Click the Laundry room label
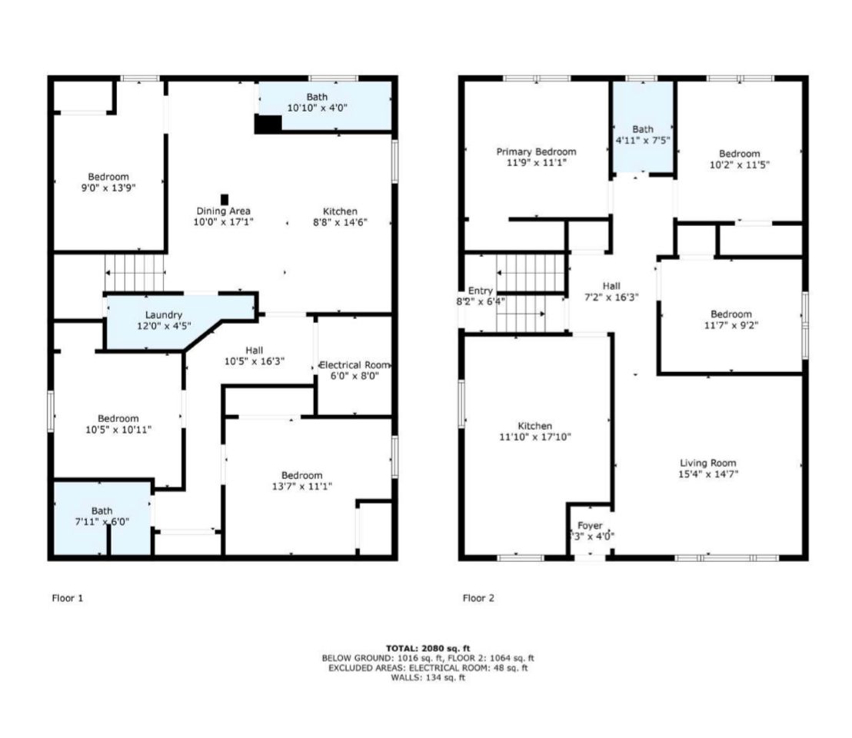(x=164, y=315)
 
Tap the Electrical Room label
(x=354, y=365)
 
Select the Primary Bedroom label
(x=536, y=151)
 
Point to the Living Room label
(x=708, y=463)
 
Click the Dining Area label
(x=223, y=211)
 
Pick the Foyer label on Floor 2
(x=590, y=526)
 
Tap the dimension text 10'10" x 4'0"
(x=317, y=108)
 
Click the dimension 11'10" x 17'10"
(x=535, y=437)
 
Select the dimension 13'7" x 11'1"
(x=301, y=486)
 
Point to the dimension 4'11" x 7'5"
(x=643, y=140)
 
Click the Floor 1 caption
(x=68, y=598)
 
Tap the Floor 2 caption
(x=479, y=598)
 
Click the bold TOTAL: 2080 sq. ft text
(x=428, y=648)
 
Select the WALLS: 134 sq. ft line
(x=428, y=678)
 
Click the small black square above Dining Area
(x=225, y=199)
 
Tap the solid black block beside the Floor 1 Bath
(x=268, y=124)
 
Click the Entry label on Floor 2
(x=481, y=291)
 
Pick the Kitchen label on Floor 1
(x=340, y=211)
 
